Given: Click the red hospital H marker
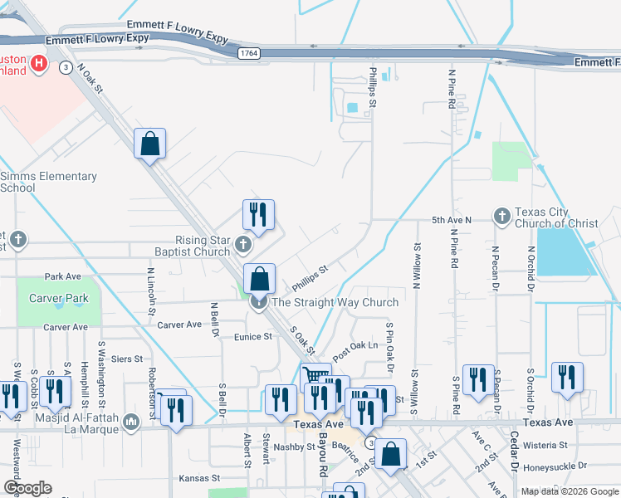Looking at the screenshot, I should point(38,63).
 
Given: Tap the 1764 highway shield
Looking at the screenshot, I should point(247,53).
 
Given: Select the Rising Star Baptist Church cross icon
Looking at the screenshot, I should point(242,244).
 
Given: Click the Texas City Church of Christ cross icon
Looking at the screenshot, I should point(501,216).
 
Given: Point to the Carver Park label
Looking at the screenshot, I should point(58,297).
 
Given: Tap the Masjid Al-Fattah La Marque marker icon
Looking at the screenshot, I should point(131,423).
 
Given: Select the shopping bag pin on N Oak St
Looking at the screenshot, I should point(149,144).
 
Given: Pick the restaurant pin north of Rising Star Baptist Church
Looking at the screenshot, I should point(258,216).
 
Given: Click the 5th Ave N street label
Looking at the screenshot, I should point(451,219).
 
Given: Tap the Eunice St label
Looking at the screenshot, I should point(253,337).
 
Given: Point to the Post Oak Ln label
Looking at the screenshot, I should point(355,344).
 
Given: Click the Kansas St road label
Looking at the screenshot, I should point(199,478).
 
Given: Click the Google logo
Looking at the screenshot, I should point(27,488).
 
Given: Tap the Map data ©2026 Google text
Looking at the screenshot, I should point(569,491).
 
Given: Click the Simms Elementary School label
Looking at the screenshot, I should point(48,182).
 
